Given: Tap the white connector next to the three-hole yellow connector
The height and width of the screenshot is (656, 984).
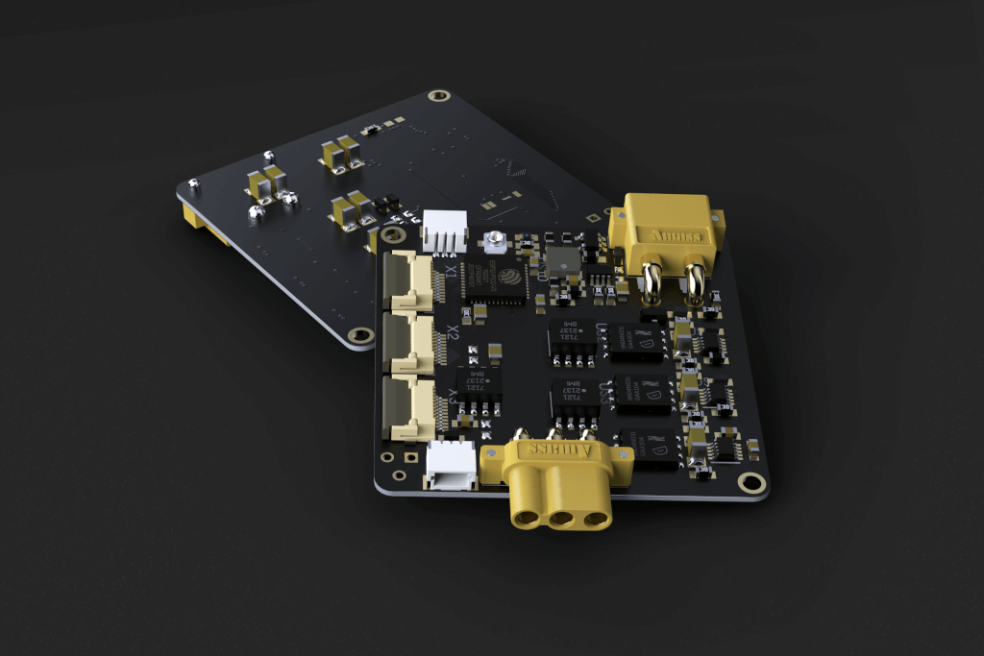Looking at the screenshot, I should (450, 465).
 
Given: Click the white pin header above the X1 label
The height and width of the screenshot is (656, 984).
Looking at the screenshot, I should (444, 231).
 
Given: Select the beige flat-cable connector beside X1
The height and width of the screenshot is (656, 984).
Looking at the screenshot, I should (410, 280).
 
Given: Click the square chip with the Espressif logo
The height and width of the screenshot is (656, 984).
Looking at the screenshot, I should (495, 279).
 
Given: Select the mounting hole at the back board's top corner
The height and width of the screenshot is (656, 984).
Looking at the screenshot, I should (439, 96).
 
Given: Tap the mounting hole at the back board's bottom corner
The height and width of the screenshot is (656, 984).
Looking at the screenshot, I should (361, 335).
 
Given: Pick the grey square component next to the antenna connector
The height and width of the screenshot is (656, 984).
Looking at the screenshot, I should (560, 258).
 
